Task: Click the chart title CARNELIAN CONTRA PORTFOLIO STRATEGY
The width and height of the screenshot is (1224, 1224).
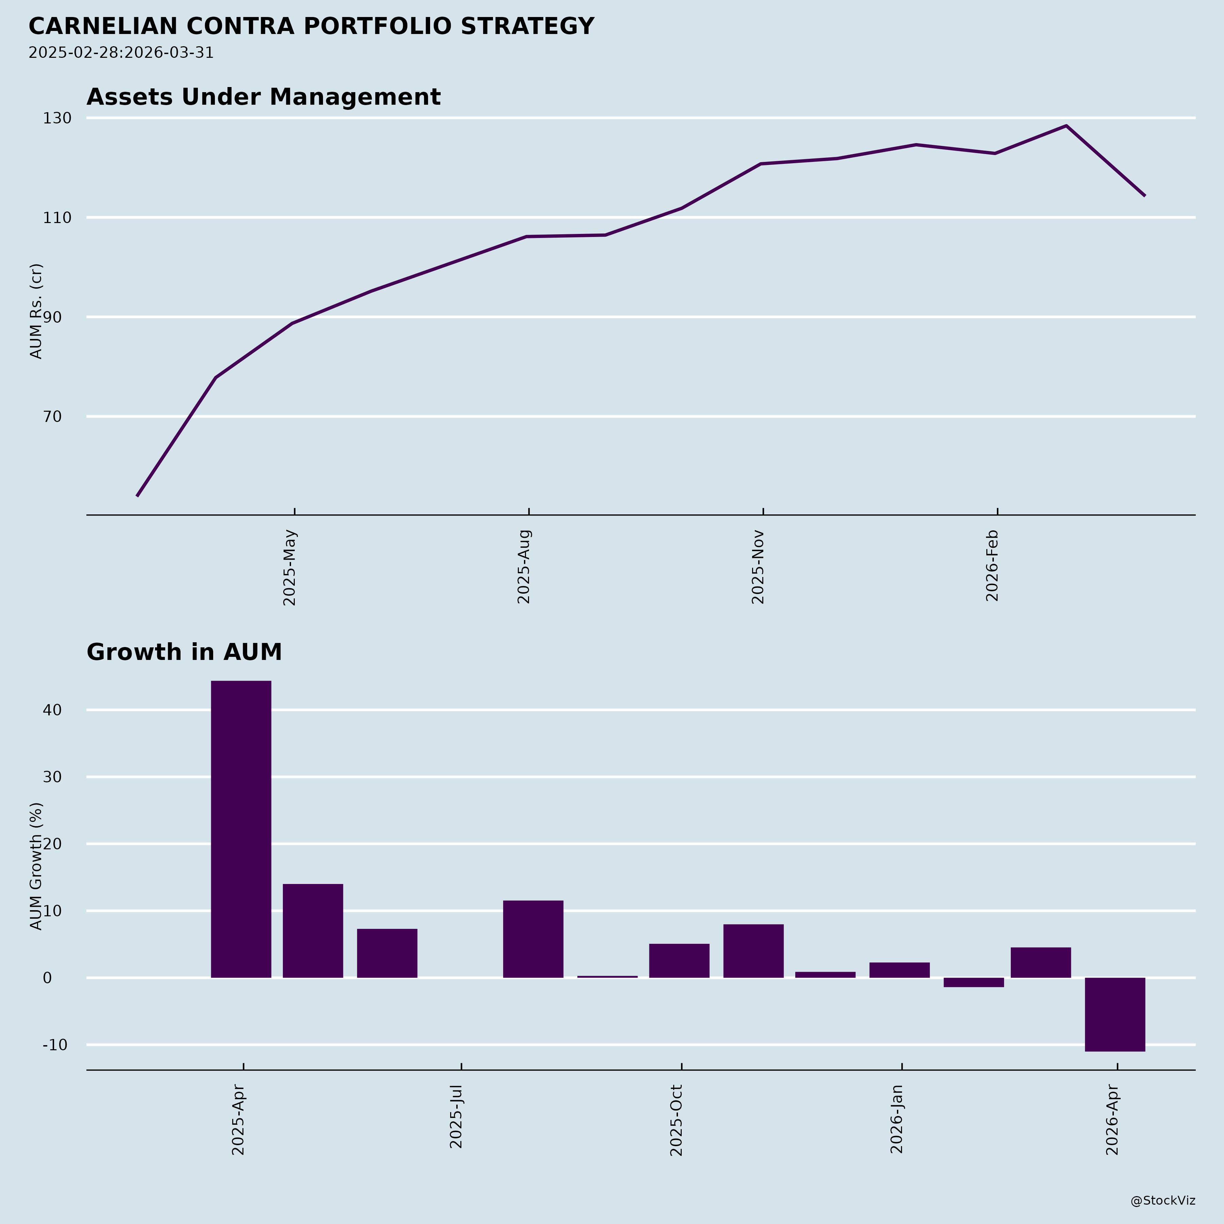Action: pos(311,27)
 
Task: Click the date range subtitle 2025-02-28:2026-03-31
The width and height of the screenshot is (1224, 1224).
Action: pos(121,53)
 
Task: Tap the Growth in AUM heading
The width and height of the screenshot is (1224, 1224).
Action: pos(184,652)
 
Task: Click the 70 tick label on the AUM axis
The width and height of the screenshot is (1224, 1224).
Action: pos(53,417)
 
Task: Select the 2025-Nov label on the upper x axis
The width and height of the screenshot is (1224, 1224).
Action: pos(758,567)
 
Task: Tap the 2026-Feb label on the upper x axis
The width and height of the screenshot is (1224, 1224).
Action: pos(993,566)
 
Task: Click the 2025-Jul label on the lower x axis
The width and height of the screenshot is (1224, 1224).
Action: pos(457,1116)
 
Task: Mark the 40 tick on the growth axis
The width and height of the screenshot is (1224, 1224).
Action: pos(53,710)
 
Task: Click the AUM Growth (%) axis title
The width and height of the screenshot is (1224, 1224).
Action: pos(37,866)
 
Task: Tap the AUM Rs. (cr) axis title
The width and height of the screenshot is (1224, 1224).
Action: pos(37,311)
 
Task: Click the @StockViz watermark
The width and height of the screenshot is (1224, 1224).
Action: pos(1162,1201)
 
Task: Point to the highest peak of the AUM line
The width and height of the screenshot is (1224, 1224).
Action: pos(1066,126)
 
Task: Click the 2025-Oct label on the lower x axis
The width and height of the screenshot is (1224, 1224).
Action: pos(677,1120)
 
